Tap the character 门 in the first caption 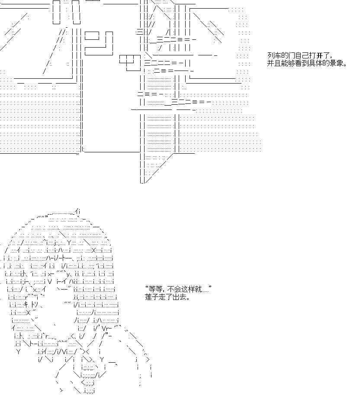pos(292,55)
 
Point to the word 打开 pos(316,55)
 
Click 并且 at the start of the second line pos(274,63)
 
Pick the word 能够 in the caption pos(288,63)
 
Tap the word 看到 pos(302,63)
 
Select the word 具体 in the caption pos(316,63)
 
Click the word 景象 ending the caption pos(337,63)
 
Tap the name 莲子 pos(152,297)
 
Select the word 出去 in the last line pos(180,297)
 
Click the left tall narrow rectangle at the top pos(56,12)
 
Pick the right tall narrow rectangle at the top pos(76,12)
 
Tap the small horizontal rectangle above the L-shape pos(92,36)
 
